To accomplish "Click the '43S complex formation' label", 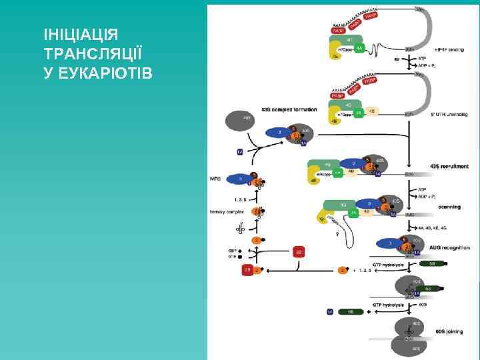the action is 289,109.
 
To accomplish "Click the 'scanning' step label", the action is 449,207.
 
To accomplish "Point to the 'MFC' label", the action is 215,179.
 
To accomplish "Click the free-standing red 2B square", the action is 299,251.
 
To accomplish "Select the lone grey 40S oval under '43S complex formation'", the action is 239,121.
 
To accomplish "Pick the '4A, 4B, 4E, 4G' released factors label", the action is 434,227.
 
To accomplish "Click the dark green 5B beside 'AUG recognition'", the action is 431,263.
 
